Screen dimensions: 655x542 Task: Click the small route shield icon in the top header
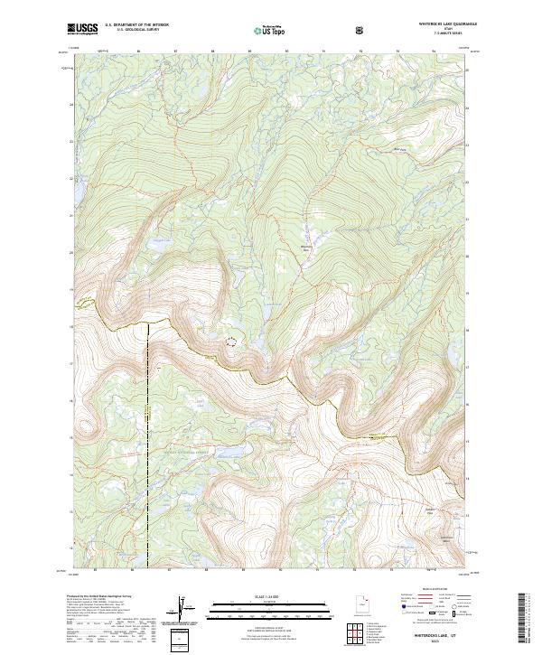pos(361,29)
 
